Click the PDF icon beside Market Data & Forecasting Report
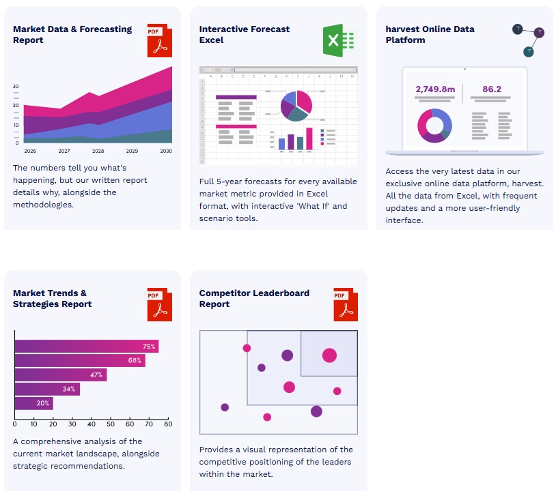click(159, 41)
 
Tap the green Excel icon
click(339, 41)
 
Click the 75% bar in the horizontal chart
click(87, 347)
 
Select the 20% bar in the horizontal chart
click(33, 403)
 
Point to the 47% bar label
click(96, 375)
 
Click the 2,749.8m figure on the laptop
click(435, 89)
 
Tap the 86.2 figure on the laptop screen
click(492, 89)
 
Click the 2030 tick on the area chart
click(165, 151)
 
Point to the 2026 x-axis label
click(30, 151)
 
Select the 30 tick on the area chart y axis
click(16, 87)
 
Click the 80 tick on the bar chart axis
click(168, 424)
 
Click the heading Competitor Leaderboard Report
click(254, 299)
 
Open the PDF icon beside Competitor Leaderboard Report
click(346, 304)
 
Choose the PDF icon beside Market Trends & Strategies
click(159, 304)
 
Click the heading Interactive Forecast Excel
click(244, 35)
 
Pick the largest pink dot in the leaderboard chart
click(330, 355)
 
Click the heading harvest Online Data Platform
click(430, 35)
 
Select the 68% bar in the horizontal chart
click(80, 361)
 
